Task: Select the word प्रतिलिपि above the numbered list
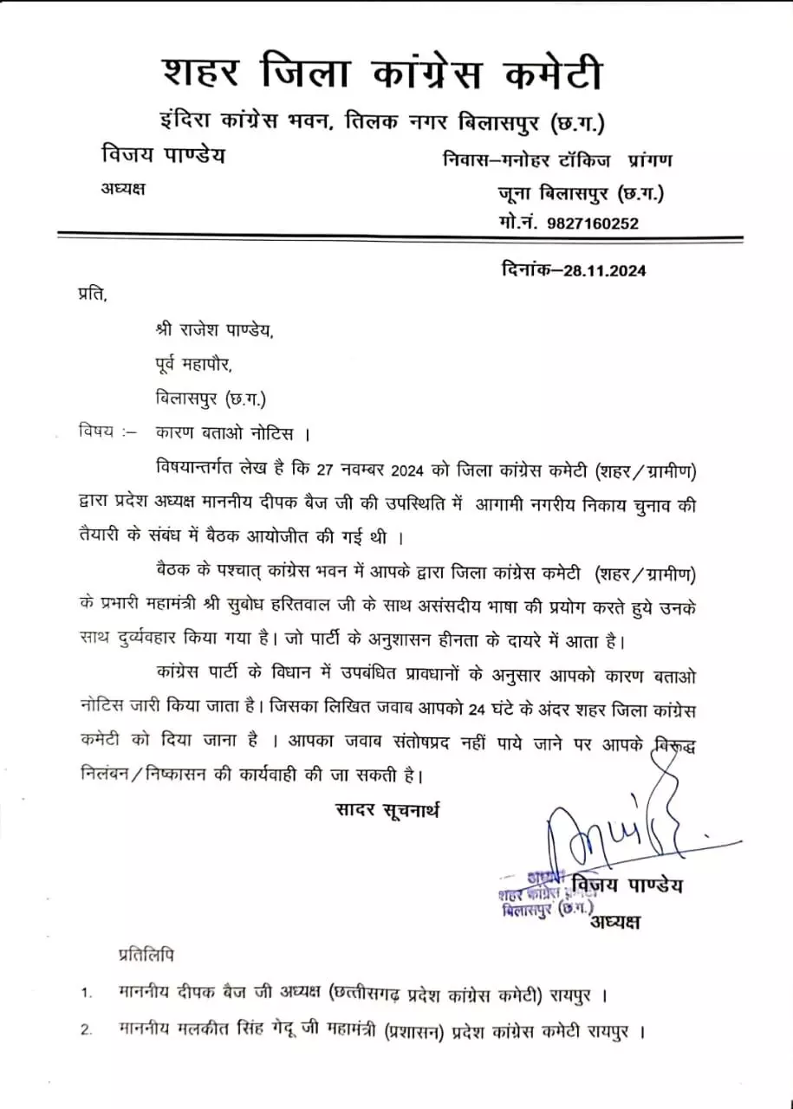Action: click(x=146, y=955)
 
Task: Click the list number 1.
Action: click(x=86, y=994)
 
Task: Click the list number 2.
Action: click(x=86, y=1031)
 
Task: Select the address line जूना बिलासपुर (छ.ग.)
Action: click(x=580, y=192)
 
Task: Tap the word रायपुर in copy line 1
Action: click(x=570, y=994)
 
